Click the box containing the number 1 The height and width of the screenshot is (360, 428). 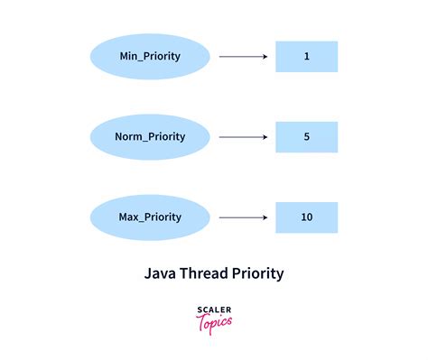tap(306, 56)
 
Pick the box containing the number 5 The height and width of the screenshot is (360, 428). tap(306, 137)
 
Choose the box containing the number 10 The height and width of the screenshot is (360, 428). tap(306, 217)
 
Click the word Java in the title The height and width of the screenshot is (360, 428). tap(161, 270)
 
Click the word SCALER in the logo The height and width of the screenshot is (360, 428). tap(213, 309)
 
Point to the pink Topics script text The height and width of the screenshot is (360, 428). tap(214, 322)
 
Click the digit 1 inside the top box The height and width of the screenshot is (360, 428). tap(306, 57)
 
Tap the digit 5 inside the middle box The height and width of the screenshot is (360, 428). tap(306, 137)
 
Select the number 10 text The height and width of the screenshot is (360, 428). tap(306, 217)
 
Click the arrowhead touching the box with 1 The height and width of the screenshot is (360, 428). tap(265, 57)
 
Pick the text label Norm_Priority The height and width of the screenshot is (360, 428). tap(150, 136)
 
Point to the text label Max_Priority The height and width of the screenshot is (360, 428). tap(150, 217)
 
